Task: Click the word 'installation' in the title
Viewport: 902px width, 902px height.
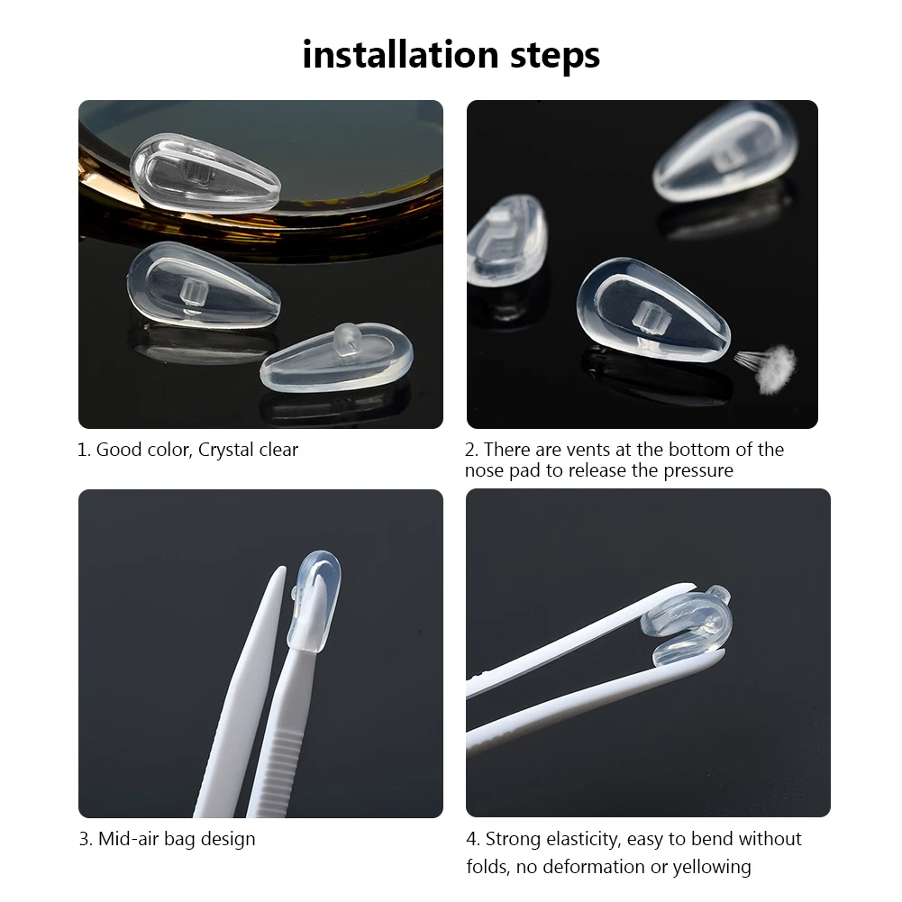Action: coord(399,54)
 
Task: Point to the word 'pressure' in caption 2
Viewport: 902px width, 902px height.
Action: coord(698,470)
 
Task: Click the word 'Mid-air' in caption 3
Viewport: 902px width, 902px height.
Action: coord(128,839)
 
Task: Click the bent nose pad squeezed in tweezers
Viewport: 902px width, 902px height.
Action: coord(688,624)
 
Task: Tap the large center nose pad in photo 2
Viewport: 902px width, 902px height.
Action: coord(651,309)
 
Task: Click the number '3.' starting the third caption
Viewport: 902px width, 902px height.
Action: coord(86,839)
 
